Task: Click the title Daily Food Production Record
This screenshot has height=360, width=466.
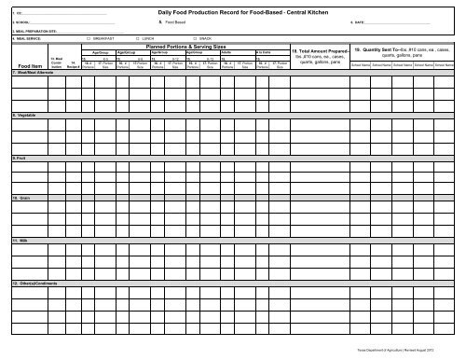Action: click(240, 10)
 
